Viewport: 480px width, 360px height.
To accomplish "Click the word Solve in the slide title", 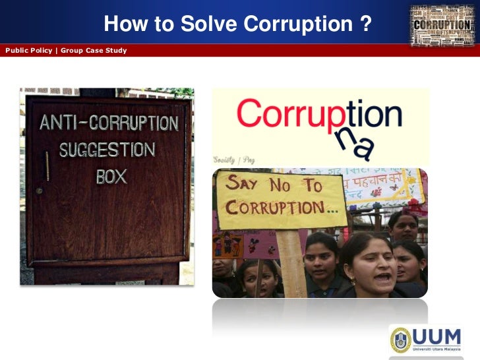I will (211, 25).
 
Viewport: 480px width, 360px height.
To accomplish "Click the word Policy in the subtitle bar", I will (42, 51).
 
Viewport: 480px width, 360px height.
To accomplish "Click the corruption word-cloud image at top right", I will (441, 26).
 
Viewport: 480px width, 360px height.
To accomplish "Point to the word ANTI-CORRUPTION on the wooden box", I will (109, 123).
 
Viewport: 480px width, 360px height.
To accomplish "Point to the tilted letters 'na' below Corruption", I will (357, 142).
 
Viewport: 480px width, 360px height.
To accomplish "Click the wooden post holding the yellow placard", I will (291, 264).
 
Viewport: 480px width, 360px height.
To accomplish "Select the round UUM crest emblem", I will (402, 339).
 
